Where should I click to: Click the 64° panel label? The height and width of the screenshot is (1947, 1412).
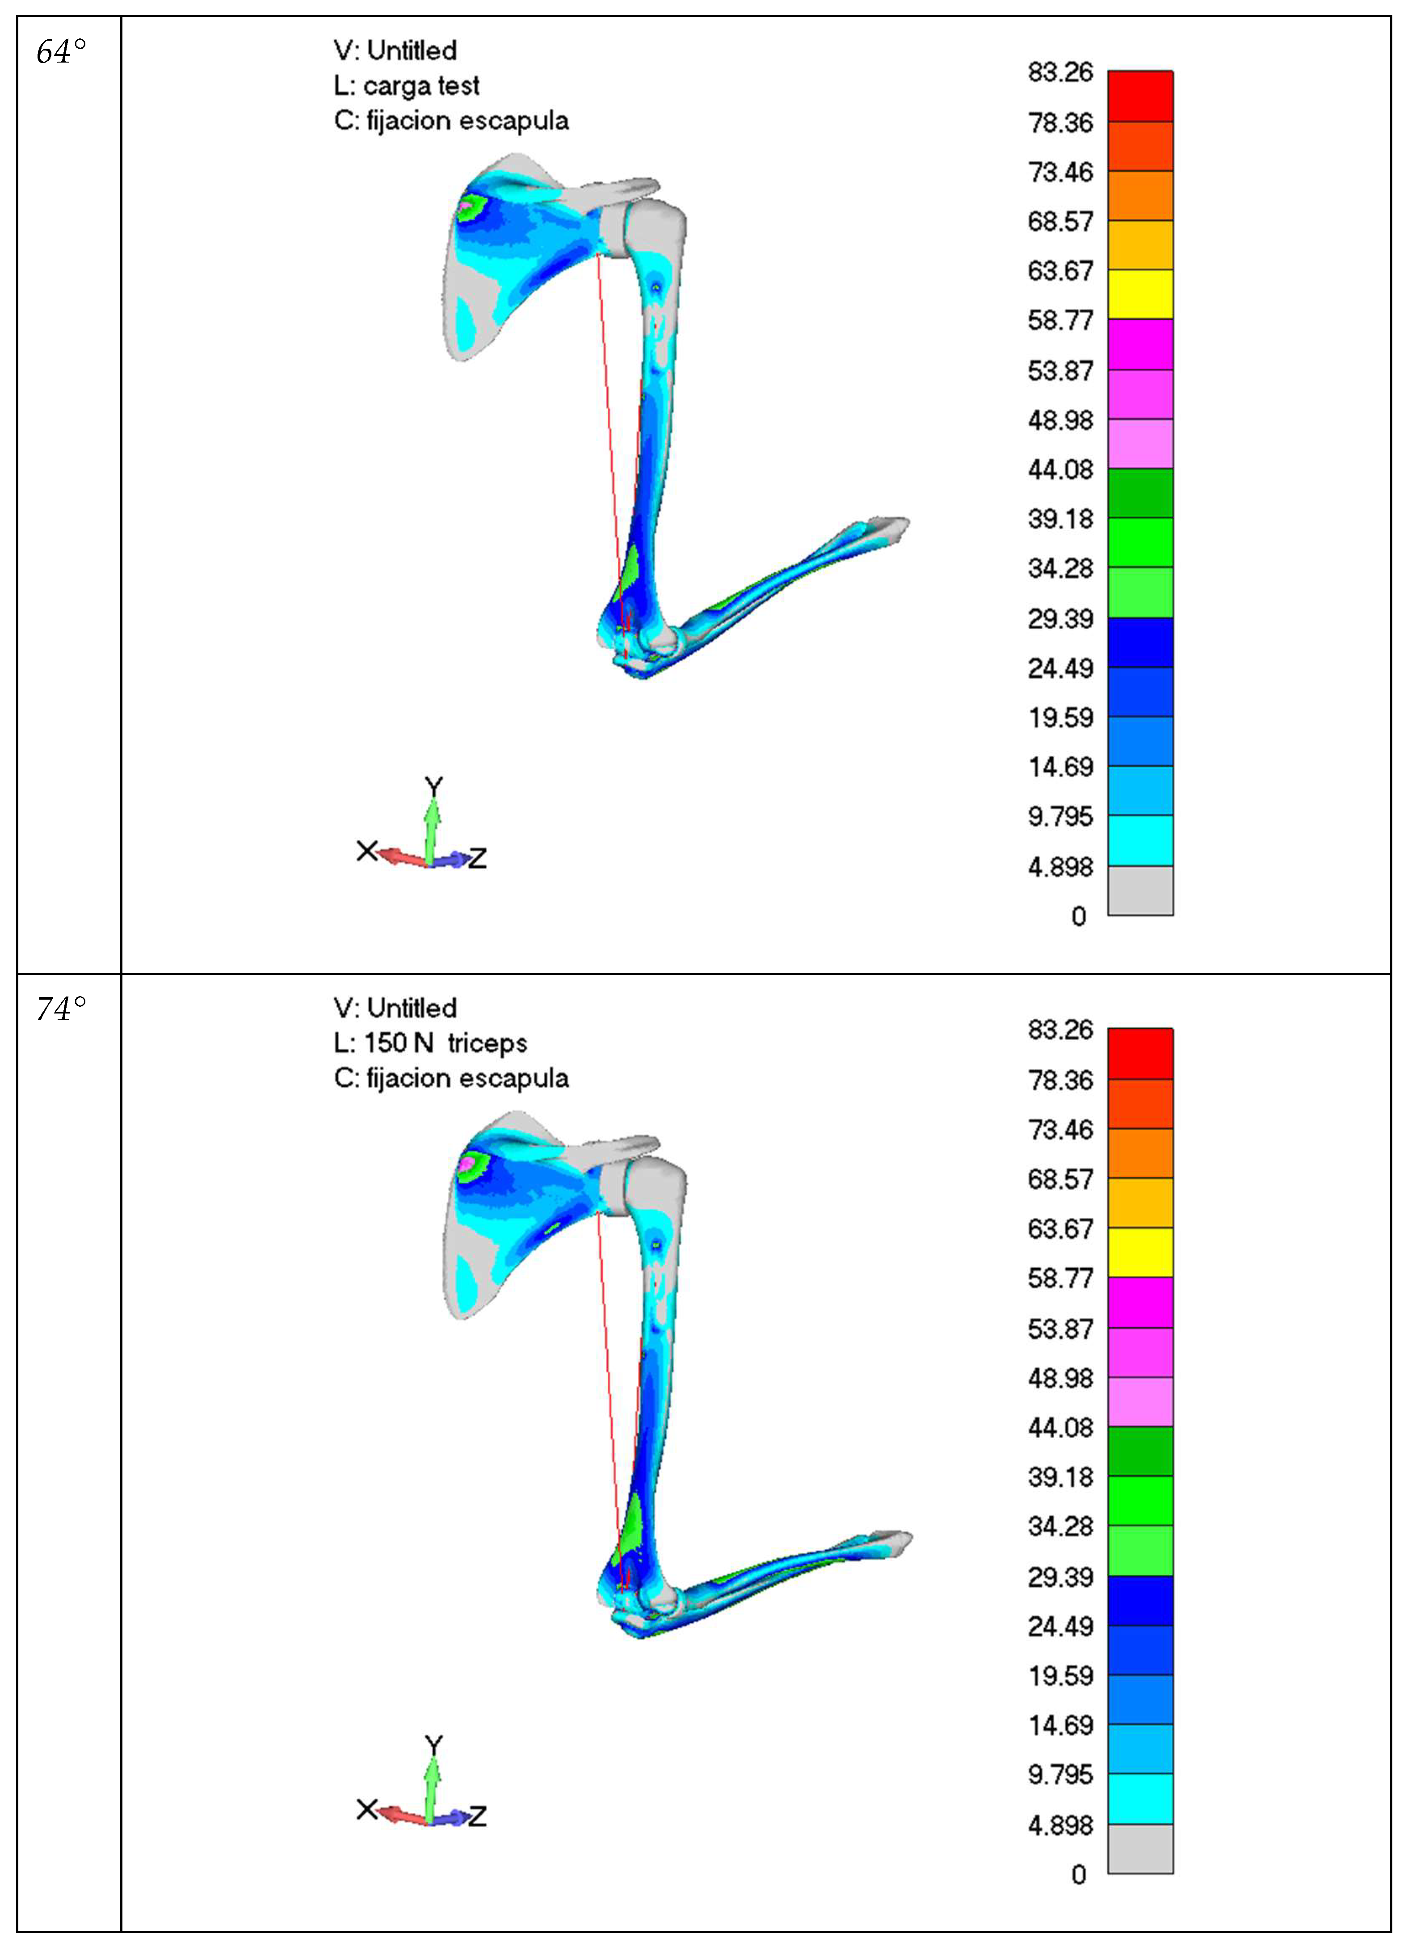[x=61, y=52]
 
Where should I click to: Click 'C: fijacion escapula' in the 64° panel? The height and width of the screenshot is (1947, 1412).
[x=451, y=121]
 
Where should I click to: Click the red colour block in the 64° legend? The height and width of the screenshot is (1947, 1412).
[x=1140, y=96]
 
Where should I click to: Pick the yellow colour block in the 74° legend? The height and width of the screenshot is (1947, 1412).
[x=1140, y=1253]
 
